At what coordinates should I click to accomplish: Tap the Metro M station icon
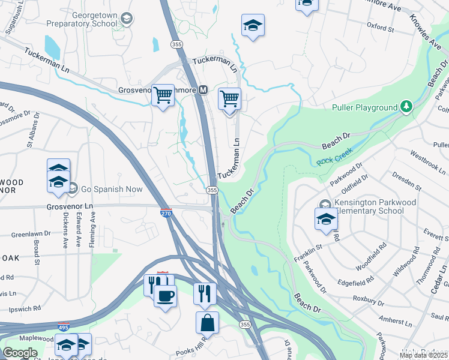point(203,90)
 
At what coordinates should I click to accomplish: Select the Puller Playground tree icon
point(406,107)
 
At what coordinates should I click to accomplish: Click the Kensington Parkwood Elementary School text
point(376,206)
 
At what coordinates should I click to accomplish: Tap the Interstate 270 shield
point(166,212)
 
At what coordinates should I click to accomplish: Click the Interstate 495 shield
point(71,328)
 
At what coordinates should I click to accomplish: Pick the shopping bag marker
point(207,322)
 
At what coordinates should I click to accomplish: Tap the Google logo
point(20,353)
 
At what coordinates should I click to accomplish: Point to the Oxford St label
point(380,28)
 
